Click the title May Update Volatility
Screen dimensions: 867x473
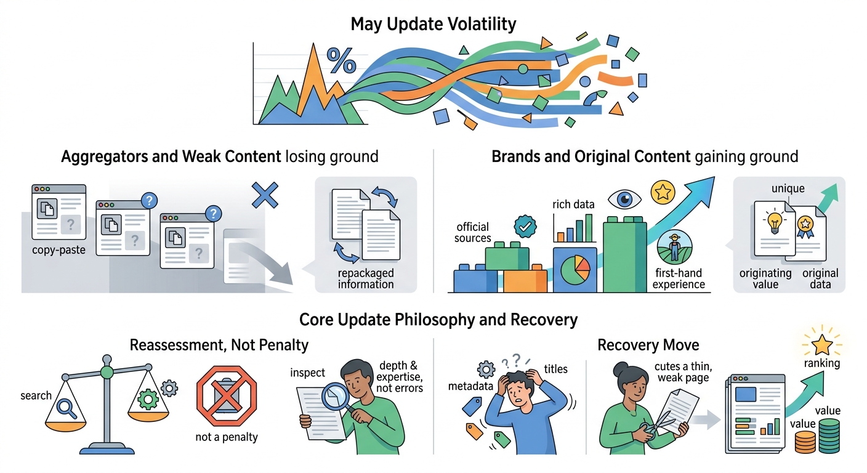[x=433, y=24]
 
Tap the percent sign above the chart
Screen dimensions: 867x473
[x=341, y=60]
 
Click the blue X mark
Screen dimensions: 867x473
[x=265, y=195]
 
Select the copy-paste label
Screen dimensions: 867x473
[x=59, y=250]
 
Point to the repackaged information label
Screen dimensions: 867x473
[x=366, y=279]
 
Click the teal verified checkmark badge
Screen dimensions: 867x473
[x=525, y=227]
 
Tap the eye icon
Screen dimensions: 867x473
[x=624, y=200]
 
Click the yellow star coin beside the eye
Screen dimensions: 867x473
[x=663, y=192]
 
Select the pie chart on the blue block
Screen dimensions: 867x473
[x=575, y=270]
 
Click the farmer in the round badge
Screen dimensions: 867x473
[x=675, y=248]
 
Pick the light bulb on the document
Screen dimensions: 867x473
[x=775, y=223]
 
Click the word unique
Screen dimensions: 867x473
[x=788, y=188]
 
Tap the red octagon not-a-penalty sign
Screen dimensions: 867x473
[x=227, y=395]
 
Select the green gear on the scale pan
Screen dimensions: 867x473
[x=148, y=399]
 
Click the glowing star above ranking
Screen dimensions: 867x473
[x=821, y=344]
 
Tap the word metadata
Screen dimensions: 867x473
[x=470, y=386]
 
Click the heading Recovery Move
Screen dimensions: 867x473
[x=648, y=345]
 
